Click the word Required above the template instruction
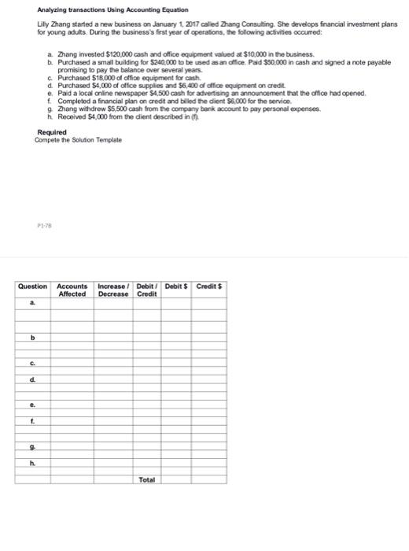(52, 131)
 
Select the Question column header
(32, 285)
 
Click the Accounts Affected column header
(72, 289)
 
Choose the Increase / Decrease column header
(113, 289)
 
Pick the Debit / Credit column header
(147, 289)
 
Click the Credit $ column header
(210, 285)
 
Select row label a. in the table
(31, 301)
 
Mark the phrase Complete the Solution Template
(78, 139)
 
